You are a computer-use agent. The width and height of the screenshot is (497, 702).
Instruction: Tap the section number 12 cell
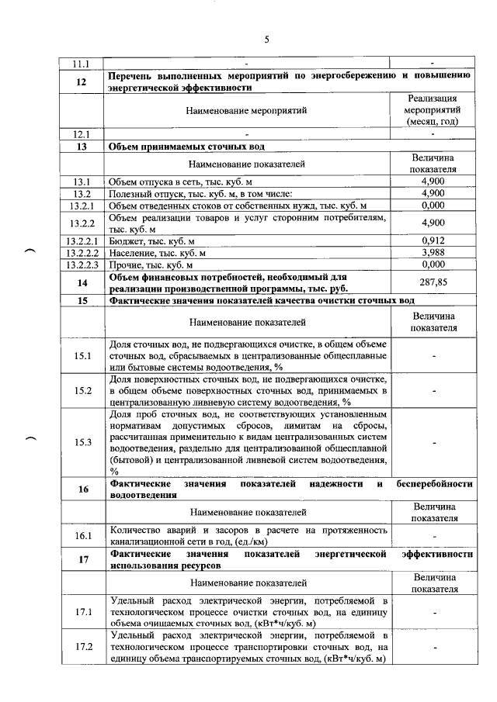coord(82,82)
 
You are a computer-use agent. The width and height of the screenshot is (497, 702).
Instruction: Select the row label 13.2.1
coord(82,205)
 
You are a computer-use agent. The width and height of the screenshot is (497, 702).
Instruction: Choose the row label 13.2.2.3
coord(82,265)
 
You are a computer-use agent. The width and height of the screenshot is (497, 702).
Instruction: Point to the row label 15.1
coord(82,355)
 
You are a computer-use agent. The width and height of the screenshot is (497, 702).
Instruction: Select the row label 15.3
coord(82,442)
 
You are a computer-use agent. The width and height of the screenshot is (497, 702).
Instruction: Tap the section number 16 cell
coord(82,489)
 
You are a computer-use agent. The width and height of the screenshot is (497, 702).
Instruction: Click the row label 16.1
coord(82,535)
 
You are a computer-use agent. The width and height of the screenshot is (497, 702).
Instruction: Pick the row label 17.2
coord(82,647)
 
